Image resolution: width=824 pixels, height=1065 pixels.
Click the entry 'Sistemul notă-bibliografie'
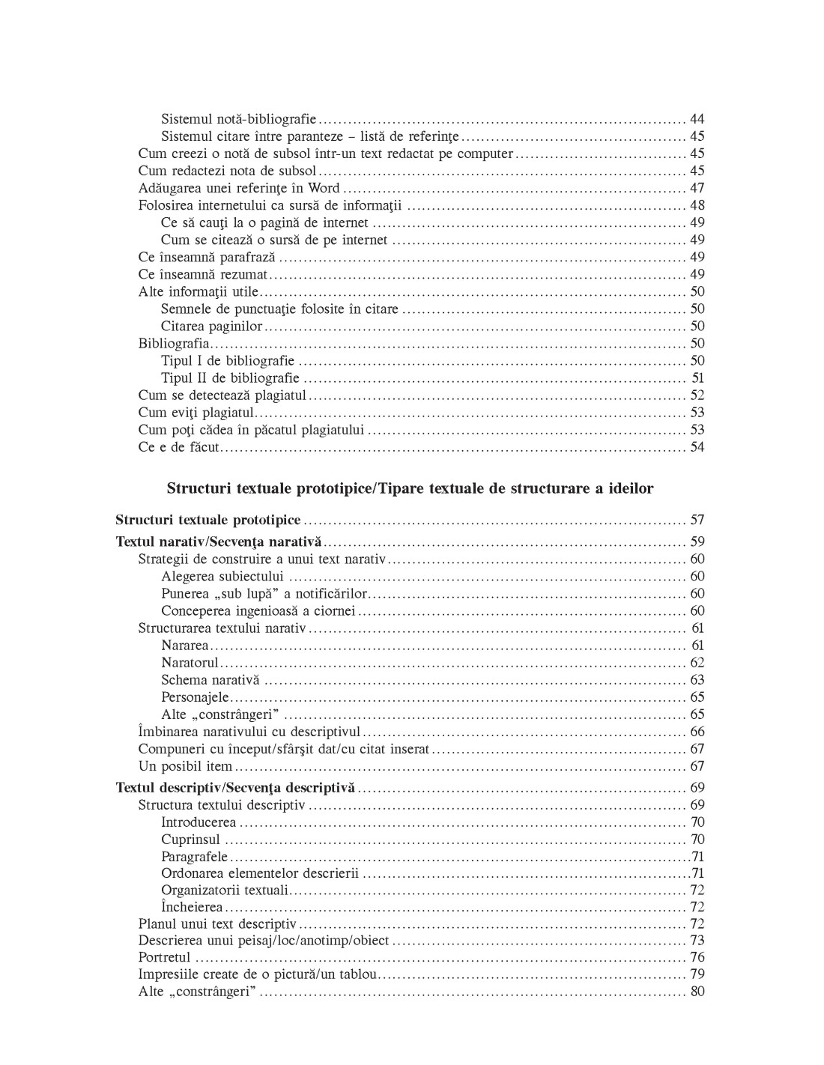tap(239, 119)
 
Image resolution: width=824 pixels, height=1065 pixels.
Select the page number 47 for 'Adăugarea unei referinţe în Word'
tap(697, 188)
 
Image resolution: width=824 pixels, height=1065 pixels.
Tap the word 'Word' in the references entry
tap(324, 188)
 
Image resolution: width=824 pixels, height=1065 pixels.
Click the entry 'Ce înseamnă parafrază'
tap(207, 257)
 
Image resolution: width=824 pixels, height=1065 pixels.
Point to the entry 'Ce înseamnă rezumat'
tap(202, 274)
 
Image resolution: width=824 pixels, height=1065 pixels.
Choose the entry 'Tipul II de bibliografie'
tap(230, 378)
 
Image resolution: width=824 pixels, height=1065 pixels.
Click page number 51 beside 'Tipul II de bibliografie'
tap(697, 378)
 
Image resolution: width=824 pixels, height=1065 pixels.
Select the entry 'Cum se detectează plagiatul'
tap(222, 395)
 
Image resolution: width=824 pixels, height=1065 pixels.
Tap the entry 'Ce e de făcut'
tap(179, 447)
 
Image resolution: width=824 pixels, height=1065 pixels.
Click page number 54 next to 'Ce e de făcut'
tap(697, 447)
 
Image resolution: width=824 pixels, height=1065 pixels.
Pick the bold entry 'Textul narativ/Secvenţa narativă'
tap(218, 541)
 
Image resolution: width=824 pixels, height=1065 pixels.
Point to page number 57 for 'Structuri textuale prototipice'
tap(697, 520)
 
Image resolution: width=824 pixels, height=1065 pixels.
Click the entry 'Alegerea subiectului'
tap(222, 576)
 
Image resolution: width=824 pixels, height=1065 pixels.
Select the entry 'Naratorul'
tap(190, 662)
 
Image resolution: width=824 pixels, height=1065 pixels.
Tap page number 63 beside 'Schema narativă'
tap(697, 680)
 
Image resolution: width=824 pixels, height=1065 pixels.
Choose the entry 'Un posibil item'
tap(185, 766)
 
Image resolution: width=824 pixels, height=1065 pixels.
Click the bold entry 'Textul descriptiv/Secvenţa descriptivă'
tap(235, 788)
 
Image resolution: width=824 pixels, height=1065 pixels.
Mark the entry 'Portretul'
tap(165, 957)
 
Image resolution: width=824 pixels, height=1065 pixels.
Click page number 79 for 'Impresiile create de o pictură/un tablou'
tap(697, 974)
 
